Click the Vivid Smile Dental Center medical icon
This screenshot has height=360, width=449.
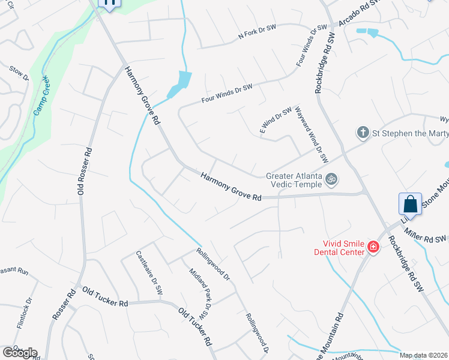click(373, 247)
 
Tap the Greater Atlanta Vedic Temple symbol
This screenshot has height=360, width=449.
click(331, 179)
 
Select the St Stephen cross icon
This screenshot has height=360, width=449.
click(363, 132)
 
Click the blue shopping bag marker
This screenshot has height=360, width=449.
click(411, 203)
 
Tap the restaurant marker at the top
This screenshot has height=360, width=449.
click(109, 2)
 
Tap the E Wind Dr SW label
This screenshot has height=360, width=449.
click(275, 121)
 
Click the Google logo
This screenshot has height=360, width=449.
click(19, 353)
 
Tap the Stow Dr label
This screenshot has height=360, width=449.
click(19, 73)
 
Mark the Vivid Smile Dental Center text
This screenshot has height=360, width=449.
click(339, 247)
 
